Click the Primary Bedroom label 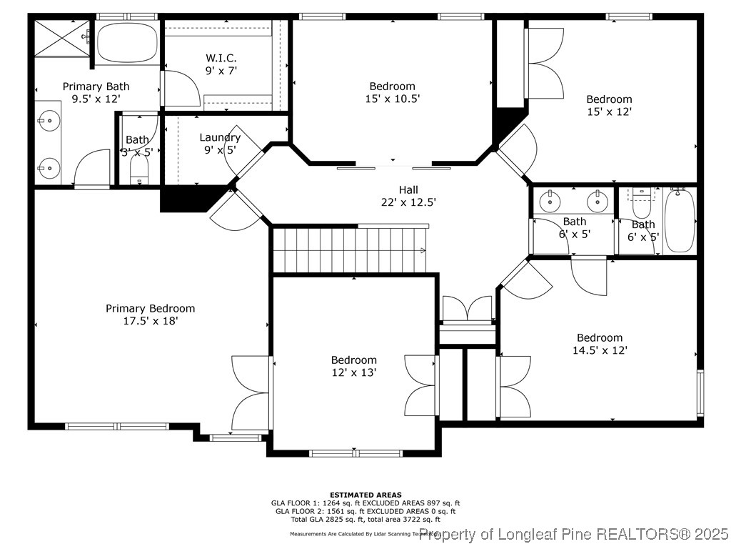tap(150, 309)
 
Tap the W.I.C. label tap(221, 57)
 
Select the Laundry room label tap(220, 137)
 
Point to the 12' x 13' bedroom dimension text tap(353, 372)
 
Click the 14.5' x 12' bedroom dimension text tap(600, 350)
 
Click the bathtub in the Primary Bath tap(126, 43)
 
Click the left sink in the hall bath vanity tap(550, 201)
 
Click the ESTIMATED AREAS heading tap(365, 495)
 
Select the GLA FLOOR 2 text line tap(365, 511)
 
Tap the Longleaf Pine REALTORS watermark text tap(574, 534)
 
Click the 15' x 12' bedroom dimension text tap(609, 112)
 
